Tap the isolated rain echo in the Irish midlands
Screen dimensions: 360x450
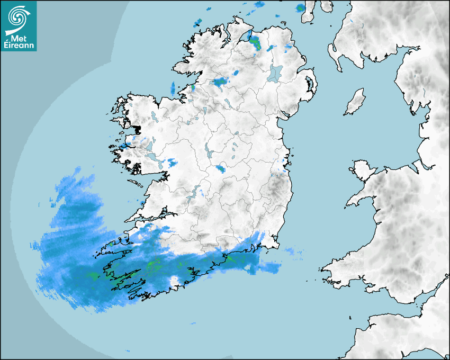coord(220,169)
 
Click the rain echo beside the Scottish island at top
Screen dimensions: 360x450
coord(301,7)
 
